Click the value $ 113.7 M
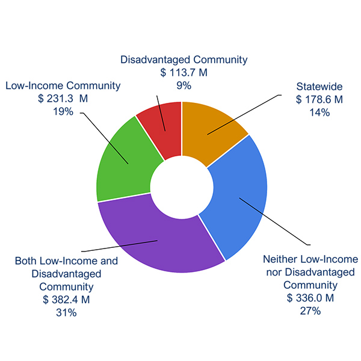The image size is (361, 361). tap(184, 73)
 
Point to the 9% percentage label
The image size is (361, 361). tap(184, 85)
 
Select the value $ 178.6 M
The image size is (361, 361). tap(319, 99)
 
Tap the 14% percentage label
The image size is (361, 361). tap(319, 112)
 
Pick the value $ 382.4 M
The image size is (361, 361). tap(66, 300)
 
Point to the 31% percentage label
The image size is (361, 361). tap(66, 312)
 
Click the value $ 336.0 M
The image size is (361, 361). tap(310, 298)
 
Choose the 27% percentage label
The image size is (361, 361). tap(310, 311)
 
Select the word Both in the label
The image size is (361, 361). tap(25, 261)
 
